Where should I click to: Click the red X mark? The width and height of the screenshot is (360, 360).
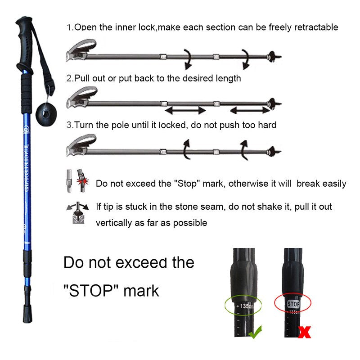click(305, 332)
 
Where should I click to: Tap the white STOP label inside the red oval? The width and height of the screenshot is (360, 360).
click(292, 304)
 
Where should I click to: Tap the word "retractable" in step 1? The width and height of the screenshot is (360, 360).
click(316, 27)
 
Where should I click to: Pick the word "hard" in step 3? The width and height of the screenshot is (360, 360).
click(267, 125)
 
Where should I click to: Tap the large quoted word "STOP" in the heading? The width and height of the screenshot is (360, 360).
click(92, 290)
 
